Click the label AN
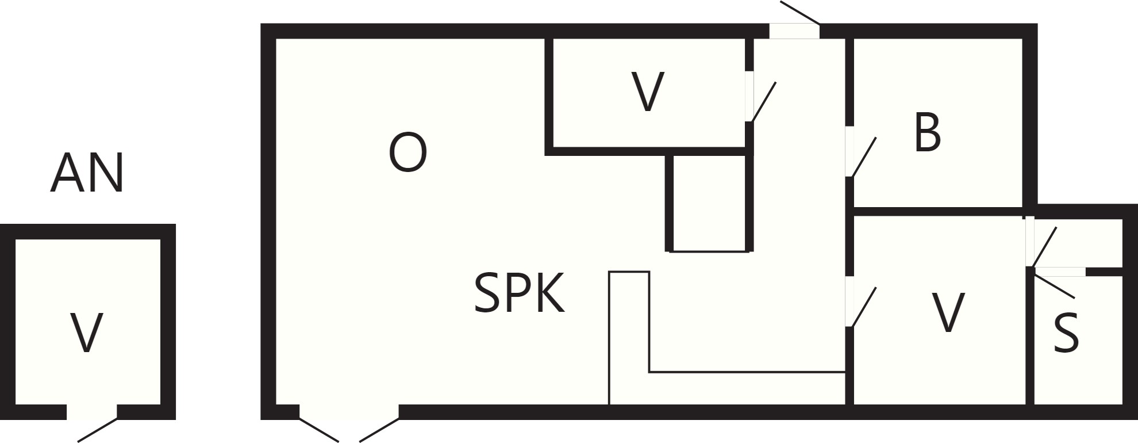87,173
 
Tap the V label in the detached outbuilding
86,333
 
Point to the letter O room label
407,152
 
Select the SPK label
519,293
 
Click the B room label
927,133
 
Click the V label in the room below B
948,312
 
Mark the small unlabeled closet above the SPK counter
709,203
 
